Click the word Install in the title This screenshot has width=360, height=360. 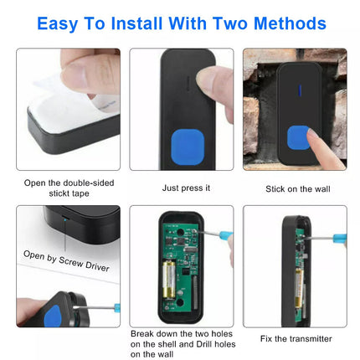(136, 23)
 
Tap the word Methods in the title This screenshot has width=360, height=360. (290, 23)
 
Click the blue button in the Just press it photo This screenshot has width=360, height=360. (188, 147)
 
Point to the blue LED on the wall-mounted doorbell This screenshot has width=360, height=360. (300, 90)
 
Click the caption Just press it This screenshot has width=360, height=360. (186, 188)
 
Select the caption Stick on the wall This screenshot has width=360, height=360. (298, 189)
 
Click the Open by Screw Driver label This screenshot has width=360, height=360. (66, 261)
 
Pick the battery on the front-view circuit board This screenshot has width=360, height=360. (169, 280)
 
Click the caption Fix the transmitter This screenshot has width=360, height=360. (296, 339)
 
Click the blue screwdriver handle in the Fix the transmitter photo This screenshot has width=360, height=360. (339, 238)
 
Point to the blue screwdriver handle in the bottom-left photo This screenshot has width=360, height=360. (117, 308)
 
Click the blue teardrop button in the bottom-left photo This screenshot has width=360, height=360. (52, 316)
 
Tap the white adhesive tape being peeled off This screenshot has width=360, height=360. (73, 107)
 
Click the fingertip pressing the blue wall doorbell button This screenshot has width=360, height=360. (313, 136)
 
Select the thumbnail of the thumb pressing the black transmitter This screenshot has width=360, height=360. (182, 109)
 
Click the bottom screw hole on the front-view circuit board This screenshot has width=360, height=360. (180, 302)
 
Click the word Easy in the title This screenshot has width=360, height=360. (57, 23)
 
